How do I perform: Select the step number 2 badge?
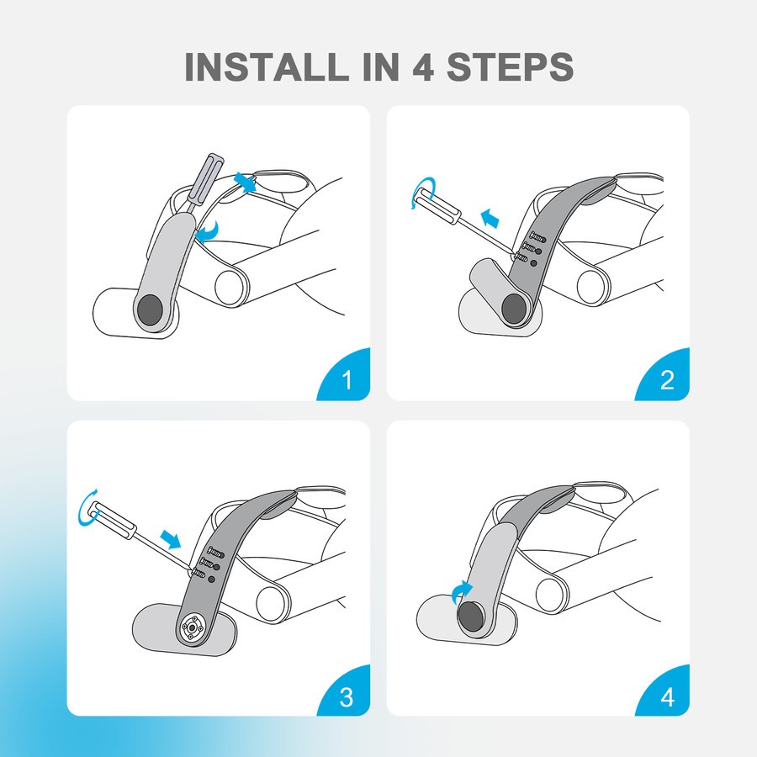tap(666, 378)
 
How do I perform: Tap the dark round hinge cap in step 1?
tap(150, 310)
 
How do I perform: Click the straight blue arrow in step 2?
tap(491, 218)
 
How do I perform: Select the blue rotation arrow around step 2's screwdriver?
tap(423, 192)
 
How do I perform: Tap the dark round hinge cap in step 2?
tap(516, 308)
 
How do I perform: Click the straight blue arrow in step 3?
tap(170, 538)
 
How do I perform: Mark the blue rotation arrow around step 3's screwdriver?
tap(89, 508)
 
